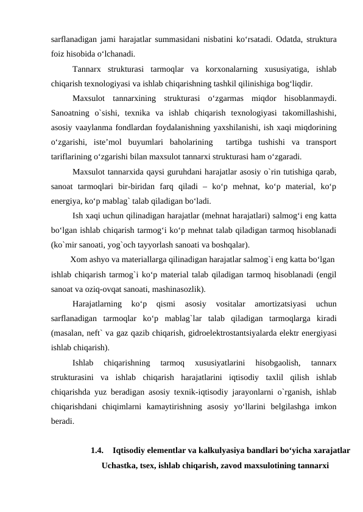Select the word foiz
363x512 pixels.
[59, 53]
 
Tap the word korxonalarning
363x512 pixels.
[225, 69]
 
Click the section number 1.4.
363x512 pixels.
[97, 451]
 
